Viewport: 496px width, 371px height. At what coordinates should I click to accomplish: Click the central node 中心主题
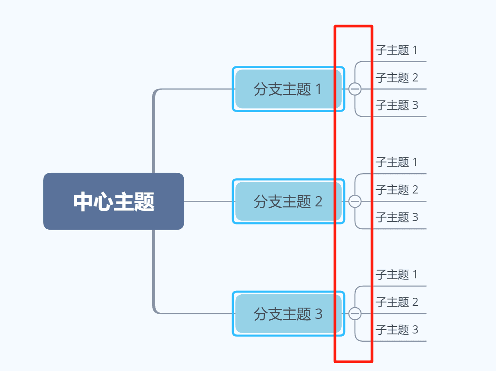[x=113, y=201]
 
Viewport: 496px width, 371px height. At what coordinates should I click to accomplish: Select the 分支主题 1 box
[x=288, y=89]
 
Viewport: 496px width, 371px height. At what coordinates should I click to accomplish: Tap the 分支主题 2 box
[x=288, y=201]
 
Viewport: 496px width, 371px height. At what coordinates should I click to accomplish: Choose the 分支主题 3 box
[x=288, y=314]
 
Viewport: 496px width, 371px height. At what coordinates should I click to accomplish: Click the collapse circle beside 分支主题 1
[x=355, y=89]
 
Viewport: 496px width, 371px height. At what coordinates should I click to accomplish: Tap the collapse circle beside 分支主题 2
[x=355, y=201]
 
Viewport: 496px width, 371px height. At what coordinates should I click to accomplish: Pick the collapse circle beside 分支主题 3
[x=355, y=314]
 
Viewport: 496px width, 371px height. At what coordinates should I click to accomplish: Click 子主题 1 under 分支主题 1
[x=396, y=50]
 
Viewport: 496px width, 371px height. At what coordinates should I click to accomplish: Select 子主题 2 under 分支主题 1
[x=396, y=78]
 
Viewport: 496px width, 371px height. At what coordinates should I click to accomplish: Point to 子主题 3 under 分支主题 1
[x=396, y=106]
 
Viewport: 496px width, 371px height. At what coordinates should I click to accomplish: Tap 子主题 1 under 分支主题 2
[x=396, y=162]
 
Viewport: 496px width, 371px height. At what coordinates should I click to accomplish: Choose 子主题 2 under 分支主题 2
[x=396, y=190]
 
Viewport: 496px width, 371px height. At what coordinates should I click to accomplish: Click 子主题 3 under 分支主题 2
[x=396, y=218]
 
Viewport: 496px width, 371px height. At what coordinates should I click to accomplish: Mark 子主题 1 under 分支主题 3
[x=396, y=275]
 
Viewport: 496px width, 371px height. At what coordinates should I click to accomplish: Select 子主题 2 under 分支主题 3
[x=396, y=302]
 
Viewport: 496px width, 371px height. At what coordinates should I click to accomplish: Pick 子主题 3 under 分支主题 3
[x=396, y=330]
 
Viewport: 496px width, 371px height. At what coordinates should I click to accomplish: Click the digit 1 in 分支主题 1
[x=319, y=90]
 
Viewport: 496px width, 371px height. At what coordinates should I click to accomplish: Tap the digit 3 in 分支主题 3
[x=319, y=314]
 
